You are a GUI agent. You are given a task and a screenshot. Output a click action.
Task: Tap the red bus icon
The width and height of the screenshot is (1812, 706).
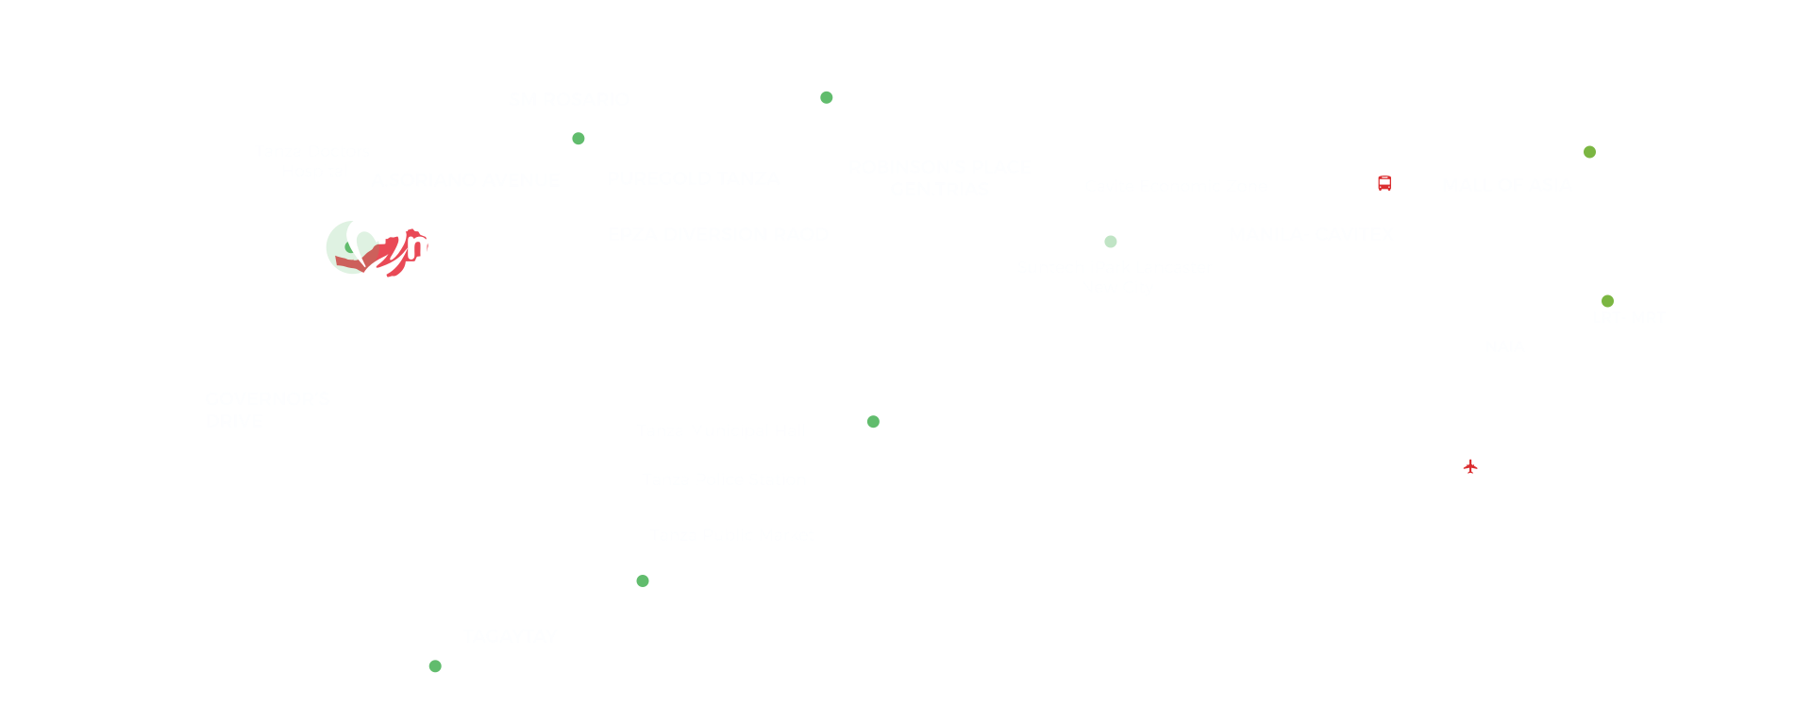click(1384, 183)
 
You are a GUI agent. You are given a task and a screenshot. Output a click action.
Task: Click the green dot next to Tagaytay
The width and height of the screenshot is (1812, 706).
click(435, 666)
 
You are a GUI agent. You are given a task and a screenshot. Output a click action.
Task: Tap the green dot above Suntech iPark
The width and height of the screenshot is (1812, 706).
click(1111, 242)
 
